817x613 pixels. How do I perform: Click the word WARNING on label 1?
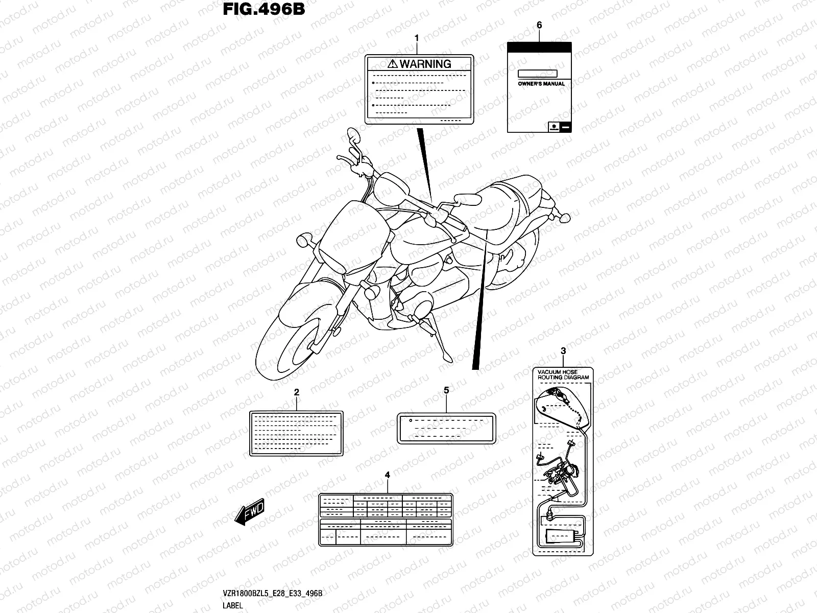coord(425,64)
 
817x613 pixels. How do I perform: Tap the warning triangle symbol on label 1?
coord(392,64)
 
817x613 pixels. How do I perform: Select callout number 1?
coord(417,38)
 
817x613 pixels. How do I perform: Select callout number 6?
coord(539,25)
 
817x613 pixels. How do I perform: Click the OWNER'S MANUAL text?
coord(541,83)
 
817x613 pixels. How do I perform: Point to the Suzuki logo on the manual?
coord(554,126)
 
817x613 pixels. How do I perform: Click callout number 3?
coord(563,351)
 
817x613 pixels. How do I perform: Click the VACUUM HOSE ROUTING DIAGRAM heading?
coord(563,375)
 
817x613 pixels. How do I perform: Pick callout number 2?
coord(297,392)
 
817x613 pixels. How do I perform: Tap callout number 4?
coord(387,475)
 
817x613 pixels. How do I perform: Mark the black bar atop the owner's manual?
coord(539,46)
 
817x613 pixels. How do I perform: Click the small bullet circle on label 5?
coord(410,420)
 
